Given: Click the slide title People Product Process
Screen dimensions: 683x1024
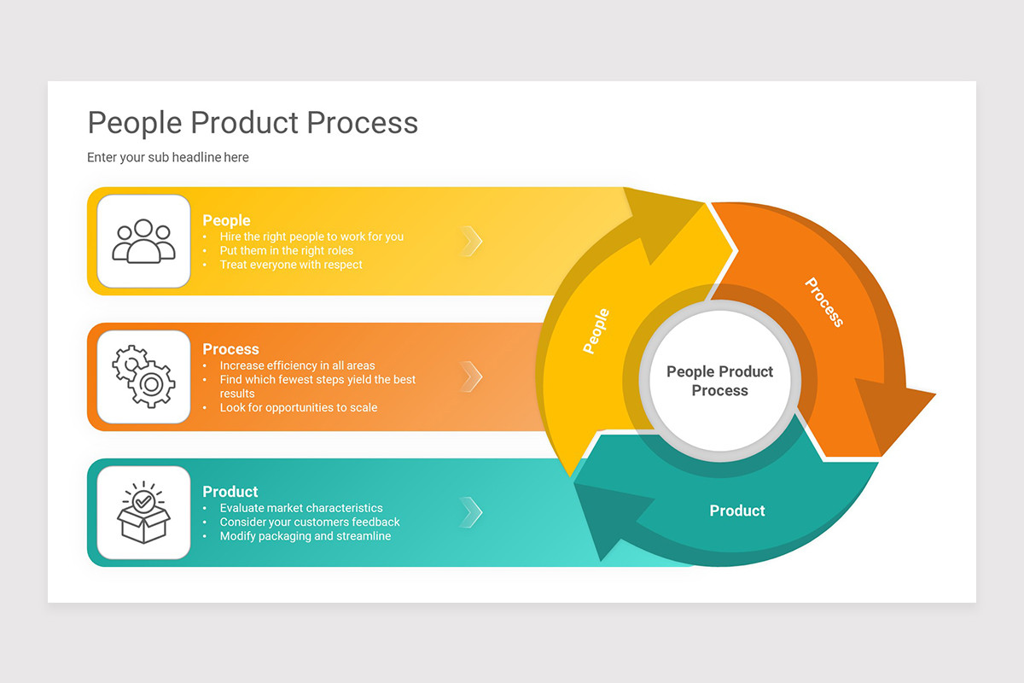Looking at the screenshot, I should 253,123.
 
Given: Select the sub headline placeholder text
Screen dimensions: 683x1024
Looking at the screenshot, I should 168,157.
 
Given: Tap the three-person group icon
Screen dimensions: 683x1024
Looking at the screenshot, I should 143,241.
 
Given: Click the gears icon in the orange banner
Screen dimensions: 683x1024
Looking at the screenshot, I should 143,377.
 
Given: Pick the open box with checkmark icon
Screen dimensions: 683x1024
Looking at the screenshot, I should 143,512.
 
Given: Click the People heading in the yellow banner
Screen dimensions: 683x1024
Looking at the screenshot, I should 226,220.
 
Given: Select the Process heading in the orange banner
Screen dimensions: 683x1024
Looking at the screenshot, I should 230,349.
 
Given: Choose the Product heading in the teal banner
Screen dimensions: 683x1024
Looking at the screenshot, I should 230,492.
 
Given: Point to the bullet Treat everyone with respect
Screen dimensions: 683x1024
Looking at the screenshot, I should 291,265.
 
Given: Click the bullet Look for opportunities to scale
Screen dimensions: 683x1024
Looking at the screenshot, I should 298,407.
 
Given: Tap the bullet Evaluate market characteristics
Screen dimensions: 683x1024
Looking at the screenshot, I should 301,508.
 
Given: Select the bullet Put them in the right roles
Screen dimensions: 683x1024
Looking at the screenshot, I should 286,251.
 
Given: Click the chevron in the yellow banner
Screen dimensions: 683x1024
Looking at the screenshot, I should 471,242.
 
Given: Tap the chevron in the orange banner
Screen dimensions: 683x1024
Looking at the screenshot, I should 471,377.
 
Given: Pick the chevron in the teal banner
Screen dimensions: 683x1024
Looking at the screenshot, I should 471,512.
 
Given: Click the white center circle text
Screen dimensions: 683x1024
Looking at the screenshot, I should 719,381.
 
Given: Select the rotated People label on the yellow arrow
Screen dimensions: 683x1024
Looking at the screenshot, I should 596,330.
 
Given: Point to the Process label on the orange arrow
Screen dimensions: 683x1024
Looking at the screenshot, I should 824,302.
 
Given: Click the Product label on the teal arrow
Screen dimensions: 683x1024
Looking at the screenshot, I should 737,511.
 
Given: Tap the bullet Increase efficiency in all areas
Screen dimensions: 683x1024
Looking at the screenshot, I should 297,365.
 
